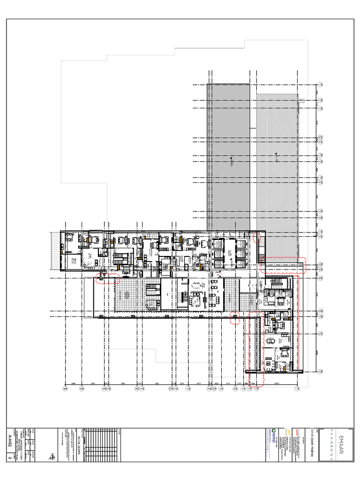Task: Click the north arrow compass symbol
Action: (52, 456)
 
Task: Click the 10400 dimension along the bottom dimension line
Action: (277, 383)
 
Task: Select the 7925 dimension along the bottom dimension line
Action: (157, 383)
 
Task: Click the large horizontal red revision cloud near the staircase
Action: (283, 265)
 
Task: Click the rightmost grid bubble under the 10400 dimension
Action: (297, 389)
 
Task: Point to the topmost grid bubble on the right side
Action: (321, 85)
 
